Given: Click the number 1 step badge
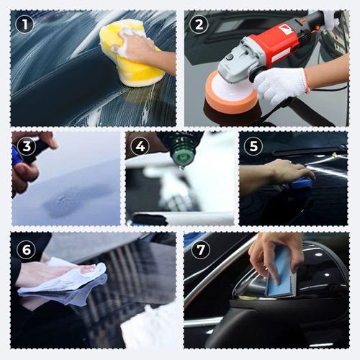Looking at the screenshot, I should [x=26, y=24].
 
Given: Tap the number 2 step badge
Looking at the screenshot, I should [x=199, y=24].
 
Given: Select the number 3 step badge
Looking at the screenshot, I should [x=26, y=146].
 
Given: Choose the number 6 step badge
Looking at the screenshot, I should [x=26, y=249].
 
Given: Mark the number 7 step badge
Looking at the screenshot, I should [x=199, y=249].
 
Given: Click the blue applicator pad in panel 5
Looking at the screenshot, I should [x=301, y=184].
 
